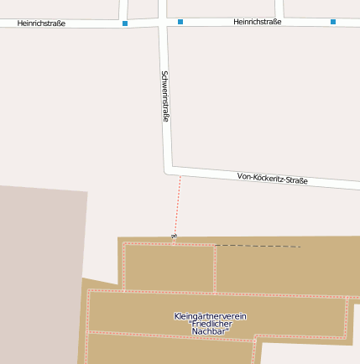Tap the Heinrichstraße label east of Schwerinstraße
tap(258, 21)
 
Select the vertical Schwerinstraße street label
tap(165, 96)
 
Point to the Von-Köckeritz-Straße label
tap(273, 179)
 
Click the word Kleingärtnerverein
tap(210, 316)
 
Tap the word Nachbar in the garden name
tap(210, 332)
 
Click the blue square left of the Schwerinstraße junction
tap(125, 23)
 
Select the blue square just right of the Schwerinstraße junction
tap(180, 22)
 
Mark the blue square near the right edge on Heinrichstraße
tap(333, 22)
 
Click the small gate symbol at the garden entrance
tap(174, 237)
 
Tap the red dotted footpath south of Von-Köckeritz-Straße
tap(177, 205)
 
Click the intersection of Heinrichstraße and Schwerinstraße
tap(163, 22)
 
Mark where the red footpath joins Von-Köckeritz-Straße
tap(180, 174)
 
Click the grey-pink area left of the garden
tap(42, 268)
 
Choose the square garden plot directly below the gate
tap(169, 268)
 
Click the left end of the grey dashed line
tap(217, 246)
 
